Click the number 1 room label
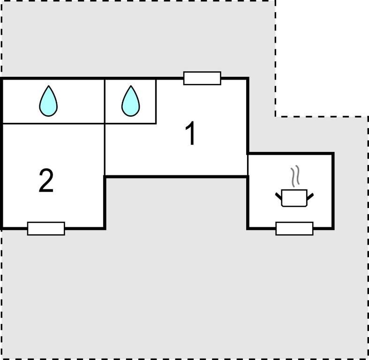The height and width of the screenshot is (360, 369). tap(191, 134)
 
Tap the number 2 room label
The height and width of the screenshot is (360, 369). tap(46, 180)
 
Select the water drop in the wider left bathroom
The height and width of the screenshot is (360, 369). tap(48, 101)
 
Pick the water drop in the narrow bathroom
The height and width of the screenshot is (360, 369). tap(131, 101)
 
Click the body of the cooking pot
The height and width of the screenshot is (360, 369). tap(294, 198)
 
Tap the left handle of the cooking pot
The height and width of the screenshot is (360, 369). tap(279, 196)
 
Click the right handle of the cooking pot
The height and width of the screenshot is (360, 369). tap(310, 196)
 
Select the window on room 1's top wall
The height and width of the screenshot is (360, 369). tap(202, 78)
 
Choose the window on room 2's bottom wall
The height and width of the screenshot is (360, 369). tap(46, 228)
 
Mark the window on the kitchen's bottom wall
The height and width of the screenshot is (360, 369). tap(294, 228)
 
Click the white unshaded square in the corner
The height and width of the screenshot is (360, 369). tap(322, 58)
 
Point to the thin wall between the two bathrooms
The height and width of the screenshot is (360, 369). tap(105, 101)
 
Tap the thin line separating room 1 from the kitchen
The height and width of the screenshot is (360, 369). tap(248, 165)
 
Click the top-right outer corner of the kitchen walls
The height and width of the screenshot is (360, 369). tap(333, 153)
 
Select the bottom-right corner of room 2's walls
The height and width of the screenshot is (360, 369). tap(105, 228)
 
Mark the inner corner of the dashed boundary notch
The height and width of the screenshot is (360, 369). tap(275, 116)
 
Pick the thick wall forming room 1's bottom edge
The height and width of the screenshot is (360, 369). tap(176, 176)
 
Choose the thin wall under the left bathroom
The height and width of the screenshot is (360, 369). tap(53, 123)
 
